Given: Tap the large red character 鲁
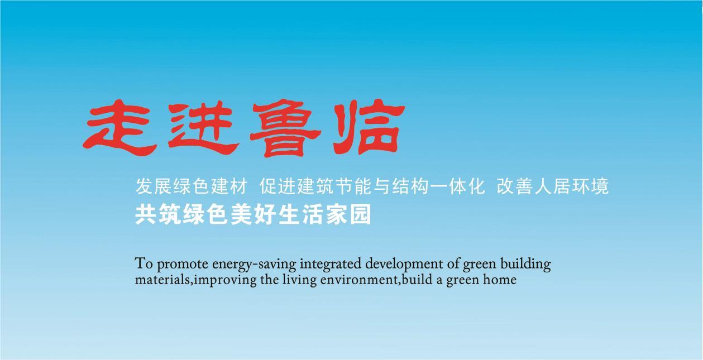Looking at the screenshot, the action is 285,128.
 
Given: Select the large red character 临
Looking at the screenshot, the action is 369,127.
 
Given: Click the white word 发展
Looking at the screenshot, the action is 154,186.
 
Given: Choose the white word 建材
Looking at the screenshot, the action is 229,186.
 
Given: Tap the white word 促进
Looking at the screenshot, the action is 278,186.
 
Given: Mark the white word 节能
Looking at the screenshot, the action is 353,186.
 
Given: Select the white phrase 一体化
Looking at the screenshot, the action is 457,186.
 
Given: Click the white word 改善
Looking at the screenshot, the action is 515,186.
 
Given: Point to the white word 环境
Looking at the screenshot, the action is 590,186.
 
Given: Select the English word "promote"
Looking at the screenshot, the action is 183,264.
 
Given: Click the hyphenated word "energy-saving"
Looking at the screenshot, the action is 254,265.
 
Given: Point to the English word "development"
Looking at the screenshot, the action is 404,264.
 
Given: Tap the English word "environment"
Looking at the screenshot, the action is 359,279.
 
